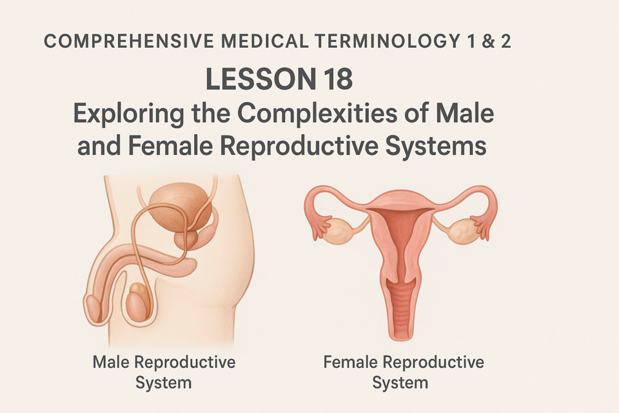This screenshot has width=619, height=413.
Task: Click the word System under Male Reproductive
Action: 163,383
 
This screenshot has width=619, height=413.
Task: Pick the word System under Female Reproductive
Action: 400,383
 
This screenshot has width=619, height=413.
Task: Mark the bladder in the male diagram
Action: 181,208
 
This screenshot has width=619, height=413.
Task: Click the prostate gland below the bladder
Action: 186,239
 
